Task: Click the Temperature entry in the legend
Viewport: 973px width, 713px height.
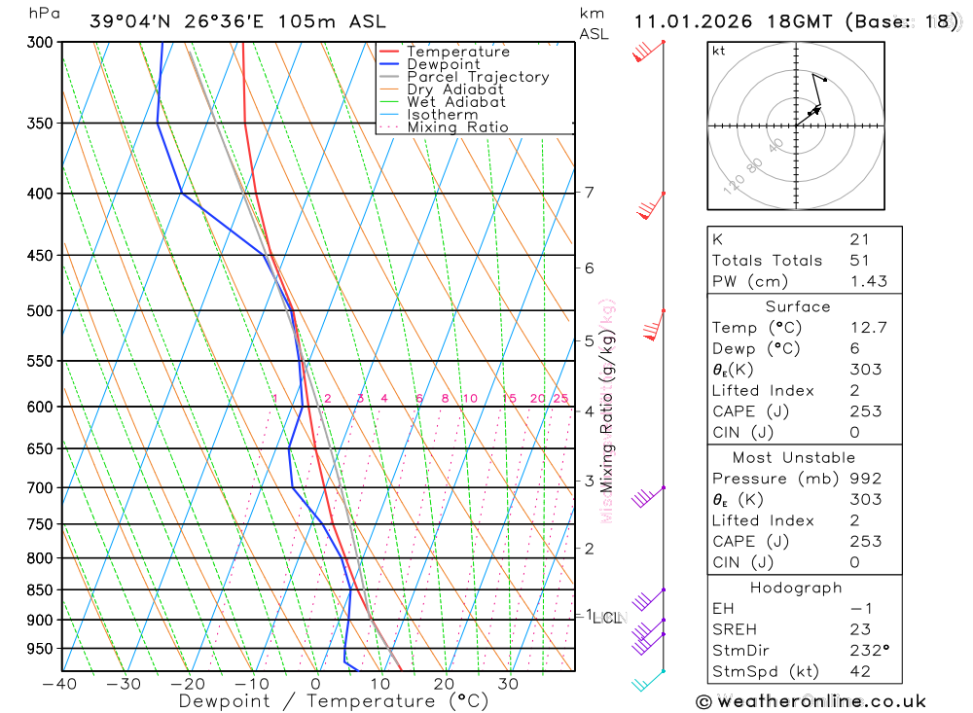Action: (x=457, y=52)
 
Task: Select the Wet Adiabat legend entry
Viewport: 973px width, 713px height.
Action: (x=455, y=102)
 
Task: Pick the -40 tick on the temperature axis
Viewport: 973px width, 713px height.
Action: (x=60, y=684)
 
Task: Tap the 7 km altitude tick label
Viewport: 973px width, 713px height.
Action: (x=590, y=192)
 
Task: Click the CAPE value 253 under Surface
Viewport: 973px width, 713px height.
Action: (x=865, y=411)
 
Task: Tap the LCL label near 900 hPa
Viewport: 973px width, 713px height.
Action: (x=607, y=618)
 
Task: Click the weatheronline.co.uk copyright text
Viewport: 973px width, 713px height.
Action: (x=811, y=701)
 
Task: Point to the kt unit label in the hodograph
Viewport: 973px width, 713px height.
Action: (x=719, y=51)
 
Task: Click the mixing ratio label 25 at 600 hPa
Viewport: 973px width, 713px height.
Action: (x=560, y=399)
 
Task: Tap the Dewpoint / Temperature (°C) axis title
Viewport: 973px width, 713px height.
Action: (x=334, y=701)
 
